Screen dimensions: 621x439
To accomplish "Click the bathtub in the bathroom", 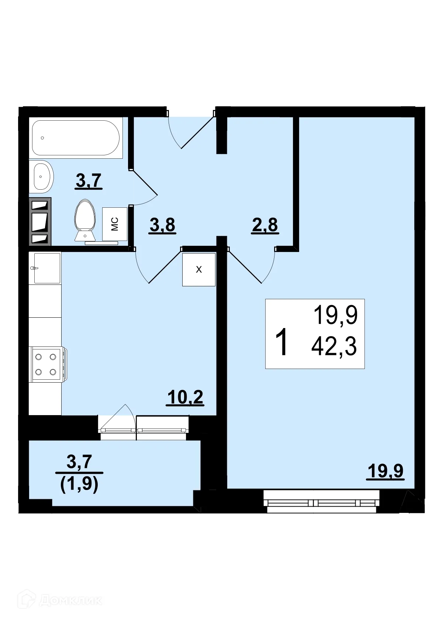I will (x=76, y=138).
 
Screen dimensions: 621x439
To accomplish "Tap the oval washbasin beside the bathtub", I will (x=41, y=177).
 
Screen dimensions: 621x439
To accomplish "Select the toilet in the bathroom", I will (x=85, y=220).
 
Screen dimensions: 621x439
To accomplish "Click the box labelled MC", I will (x=115, y=224).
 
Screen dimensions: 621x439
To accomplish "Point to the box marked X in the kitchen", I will (x=199, y=269).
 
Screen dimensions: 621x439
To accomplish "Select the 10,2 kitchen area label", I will (x=185, y=397).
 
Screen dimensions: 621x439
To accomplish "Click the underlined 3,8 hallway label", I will (x=162, y=225).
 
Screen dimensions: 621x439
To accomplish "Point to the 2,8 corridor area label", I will (x=265, y=225).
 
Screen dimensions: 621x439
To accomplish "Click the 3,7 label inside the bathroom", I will (x=89, y=181).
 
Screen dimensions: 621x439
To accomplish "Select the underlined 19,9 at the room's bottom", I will (x=386, y=471).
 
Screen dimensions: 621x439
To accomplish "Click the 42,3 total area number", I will (x=334, y=347).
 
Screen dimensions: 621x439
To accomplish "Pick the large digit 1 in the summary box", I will (x=282, y=343).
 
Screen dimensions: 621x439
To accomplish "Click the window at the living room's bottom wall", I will (x=321, y=502).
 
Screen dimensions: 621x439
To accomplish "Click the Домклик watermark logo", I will (x=61, y=600).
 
